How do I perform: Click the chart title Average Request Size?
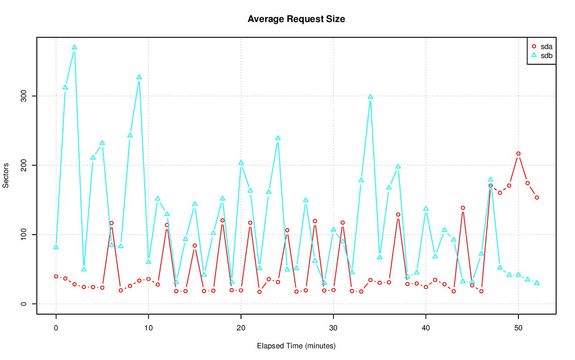tap(296, 19)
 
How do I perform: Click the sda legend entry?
tap(546, 46)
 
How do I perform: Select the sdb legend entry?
tap(546, 55)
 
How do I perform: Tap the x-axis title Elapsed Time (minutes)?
tap(296, 346)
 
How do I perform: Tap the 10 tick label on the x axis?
tap(148, 329)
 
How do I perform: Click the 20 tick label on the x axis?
tap(241, 329)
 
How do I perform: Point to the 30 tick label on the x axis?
tap(333, 329)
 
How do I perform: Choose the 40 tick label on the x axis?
tap(426, 329)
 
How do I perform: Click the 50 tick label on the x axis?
tap(518, 329)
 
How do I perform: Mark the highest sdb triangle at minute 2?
tap(75, 47)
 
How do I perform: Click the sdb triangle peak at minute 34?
tap(371, 97)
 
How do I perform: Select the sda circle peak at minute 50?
tap(518, 154)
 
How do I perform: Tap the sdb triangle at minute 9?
tap(139, 77)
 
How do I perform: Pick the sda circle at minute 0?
tap(56, 276)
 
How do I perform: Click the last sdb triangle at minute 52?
tap(537, 283)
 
